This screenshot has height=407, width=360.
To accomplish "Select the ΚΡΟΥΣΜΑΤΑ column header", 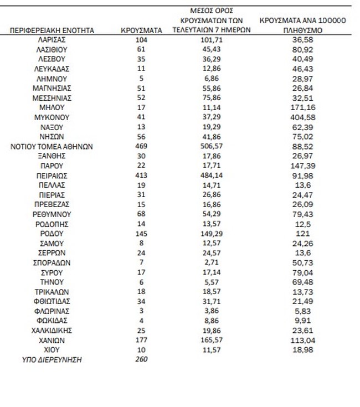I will click(141, 30).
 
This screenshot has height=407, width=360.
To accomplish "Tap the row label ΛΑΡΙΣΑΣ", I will click(53, 40).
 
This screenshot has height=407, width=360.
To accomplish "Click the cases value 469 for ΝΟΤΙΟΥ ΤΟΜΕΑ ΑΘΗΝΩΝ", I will click(141, 147).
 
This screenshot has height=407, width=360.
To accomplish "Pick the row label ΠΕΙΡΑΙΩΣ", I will click(53, 176).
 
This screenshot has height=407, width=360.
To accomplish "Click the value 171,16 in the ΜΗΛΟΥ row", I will click(302, 108).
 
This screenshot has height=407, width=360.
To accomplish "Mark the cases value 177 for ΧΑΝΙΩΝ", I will click(141, 340).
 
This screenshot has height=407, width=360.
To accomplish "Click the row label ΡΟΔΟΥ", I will click(53, 234).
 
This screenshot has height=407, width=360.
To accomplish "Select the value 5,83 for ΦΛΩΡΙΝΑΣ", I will click(302, 311).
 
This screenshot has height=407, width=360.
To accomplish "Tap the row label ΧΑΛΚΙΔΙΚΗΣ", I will click(53, 331).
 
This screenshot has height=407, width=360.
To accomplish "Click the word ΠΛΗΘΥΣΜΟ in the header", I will click(302, 30).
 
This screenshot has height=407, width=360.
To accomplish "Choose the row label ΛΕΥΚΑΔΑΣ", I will click(53, 69).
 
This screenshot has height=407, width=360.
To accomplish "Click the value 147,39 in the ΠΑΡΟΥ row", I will click(302, 166).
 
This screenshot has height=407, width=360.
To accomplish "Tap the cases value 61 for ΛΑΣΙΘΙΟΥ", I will click(141, 50).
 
